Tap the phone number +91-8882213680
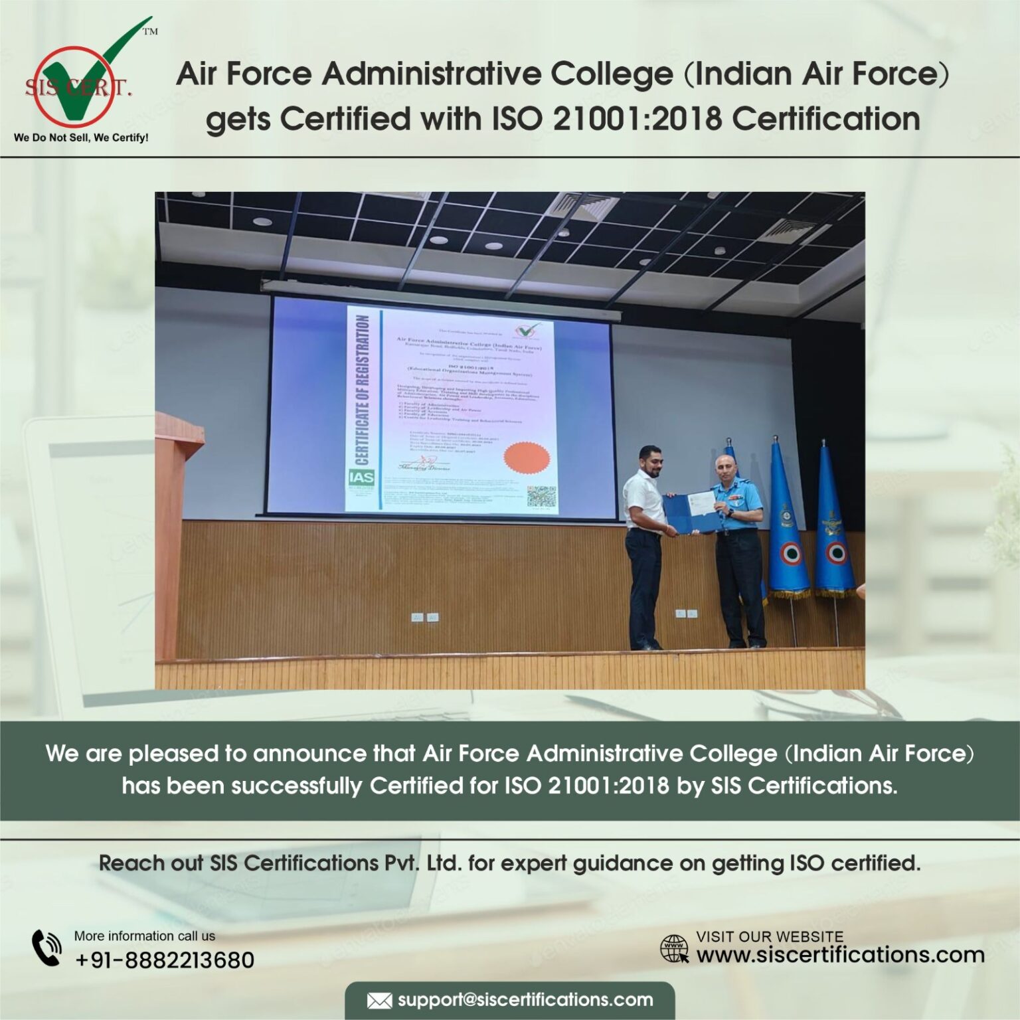[x=164, y=960]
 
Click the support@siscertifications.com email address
[x=525, y=1000]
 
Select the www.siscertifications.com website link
[x=840, y=955]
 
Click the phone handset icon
[x=47, y=948]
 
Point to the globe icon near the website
[x=674, y=949]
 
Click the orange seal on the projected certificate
[x=527, y=456]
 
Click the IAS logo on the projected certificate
[x=362, y=479]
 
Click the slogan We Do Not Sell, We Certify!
[x=81, y=137]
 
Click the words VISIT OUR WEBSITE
[x=770, y=936]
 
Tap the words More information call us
[x=145, y=936]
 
